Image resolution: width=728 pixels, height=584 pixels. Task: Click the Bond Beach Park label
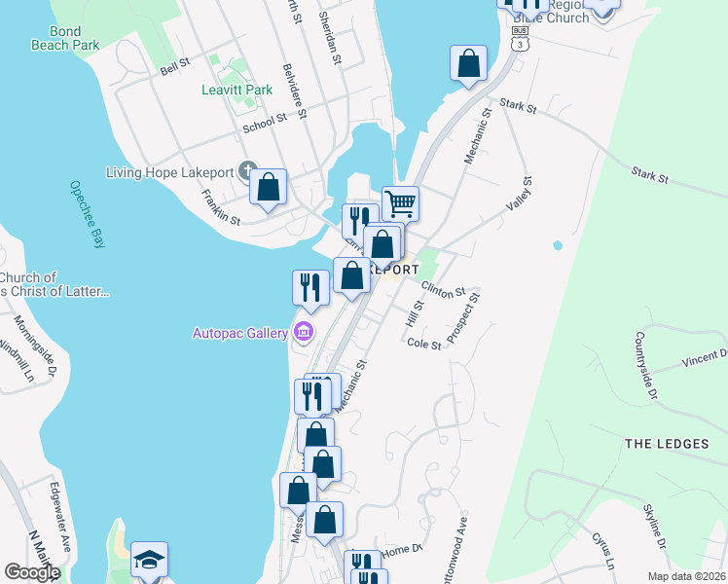click(65, 38)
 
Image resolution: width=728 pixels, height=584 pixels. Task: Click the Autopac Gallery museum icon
click(304, 333)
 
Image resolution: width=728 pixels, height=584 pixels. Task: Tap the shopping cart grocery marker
click(400, 204)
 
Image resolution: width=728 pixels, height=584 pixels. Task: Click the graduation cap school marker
click(149, 560)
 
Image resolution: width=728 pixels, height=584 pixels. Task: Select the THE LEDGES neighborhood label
click(667, 444)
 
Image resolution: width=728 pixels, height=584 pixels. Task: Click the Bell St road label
click(174, 68)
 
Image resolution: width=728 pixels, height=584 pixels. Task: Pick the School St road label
click(265, 120)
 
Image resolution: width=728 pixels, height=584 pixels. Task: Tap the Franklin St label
click(221, 207)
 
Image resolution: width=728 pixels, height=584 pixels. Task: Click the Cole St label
click(424, 344)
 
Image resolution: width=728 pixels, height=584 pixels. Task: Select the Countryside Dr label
click(646, 357)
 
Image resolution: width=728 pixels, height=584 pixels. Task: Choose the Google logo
click(32, 572)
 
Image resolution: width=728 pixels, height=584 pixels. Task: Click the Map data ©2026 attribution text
click(685, 576)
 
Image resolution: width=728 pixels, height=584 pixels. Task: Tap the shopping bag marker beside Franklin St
click(268, 187)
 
